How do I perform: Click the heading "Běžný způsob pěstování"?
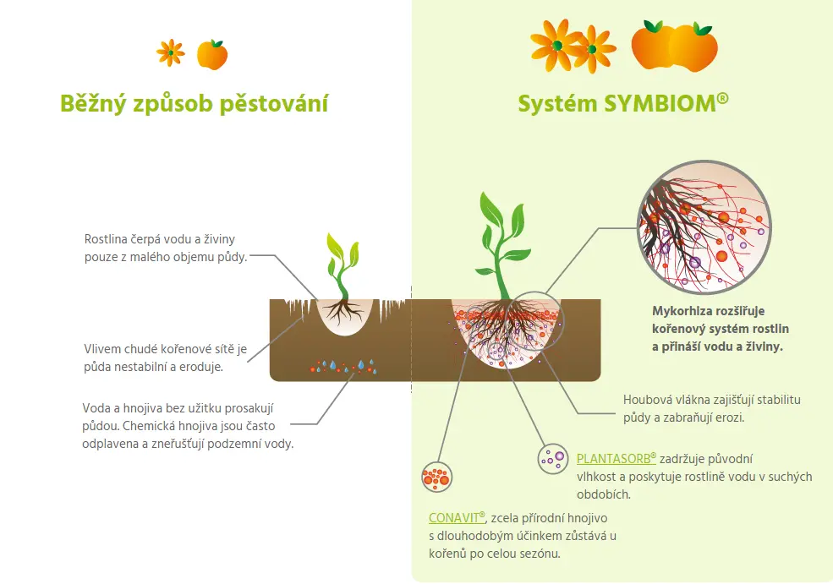click(194, 104)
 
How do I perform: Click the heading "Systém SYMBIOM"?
click(623, 103)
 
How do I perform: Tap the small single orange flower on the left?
click(171, 53)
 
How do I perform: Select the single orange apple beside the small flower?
click(212, 55)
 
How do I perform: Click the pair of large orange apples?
click(674, 46)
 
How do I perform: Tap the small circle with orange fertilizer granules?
click(436, 477)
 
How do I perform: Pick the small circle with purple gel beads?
click(553, 459)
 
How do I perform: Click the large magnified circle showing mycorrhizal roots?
click(704, 227)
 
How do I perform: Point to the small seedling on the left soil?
click(343, 279)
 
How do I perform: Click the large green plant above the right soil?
click(502, 246)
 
